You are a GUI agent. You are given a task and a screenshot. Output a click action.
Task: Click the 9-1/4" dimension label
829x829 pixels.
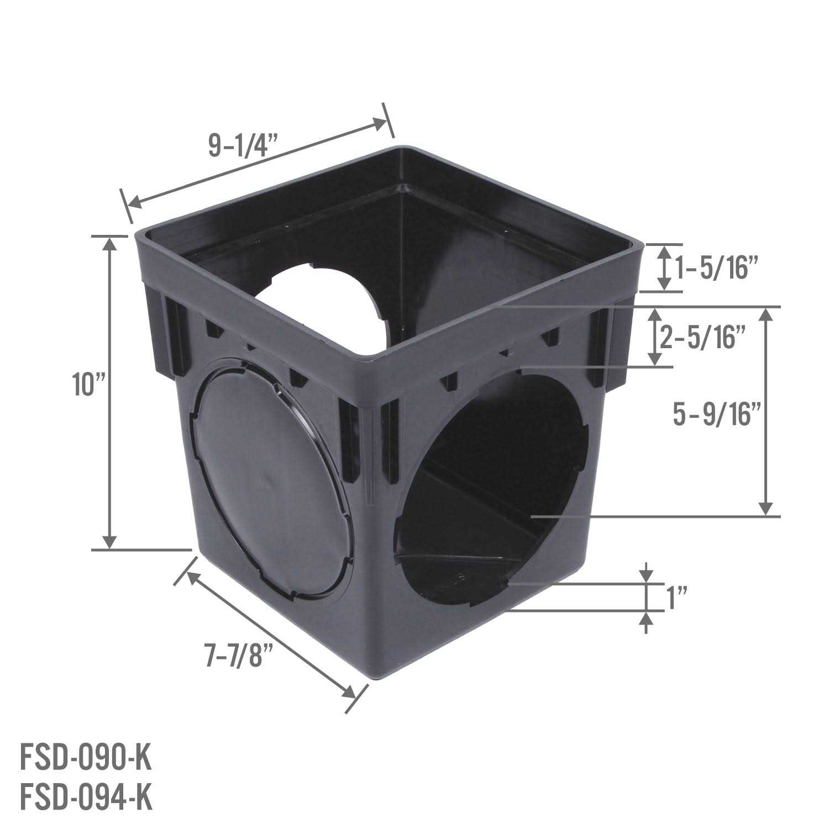coord(243,145)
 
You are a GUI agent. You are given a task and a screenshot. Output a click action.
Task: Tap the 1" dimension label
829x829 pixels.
coord(677,598)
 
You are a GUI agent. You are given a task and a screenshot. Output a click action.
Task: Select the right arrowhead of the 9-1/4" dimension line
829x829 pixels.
coord(380,123)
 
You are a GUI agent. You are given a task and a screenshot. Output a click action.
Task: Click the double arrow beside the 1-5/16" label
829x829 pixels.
coord(665,268)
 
